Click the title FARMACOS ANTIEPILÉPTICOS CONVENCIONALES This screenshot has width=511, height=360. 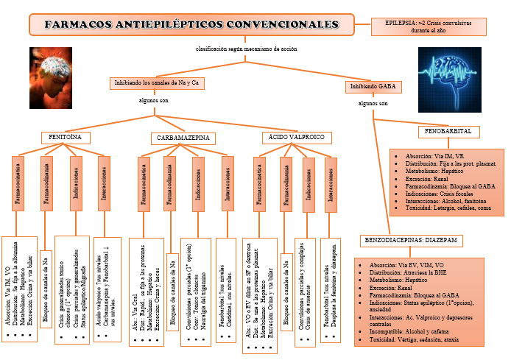(x=191, y=24)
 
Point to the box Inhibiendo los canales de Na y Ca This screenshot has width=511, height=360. (x=156, y=83)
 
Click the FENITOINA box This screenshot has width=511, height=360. (x=66, y=138)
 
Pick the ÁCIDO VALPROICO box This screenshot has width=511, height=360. (x=297, y=138)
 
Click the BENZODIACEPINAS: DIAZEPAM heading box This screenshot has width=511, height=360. (x=412, y=241)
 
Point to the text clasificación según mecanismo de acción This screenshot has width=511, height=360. (x=246, y=49)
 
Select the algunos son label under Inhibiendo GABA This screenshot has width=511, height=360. (x=372, y=104)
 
